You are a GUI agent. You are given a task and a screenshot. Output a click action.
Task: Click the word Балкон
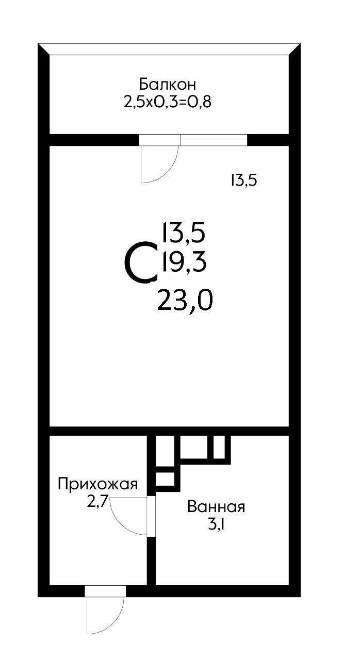pyautogui.click(x=168, y=84)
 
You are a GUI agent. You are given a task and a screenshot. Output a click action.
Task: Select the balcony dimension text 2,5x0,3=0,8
pyautogui.click(x=168, y=102)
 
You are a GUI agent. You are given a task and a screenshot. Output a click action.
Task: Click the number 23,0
pyautogui.click(x=185, y=300)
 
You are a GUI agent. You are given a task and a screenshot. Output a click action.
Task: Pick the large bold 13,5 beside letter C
pyautogui.click(x=184, y=233)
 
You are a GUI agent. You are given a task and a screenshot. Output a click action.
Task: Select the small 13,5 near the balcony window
pyautogui.click(x=243, y=180)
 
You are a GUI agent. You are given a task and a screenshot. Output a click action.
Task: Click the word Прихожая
pyautogui.click(x=97, y=484)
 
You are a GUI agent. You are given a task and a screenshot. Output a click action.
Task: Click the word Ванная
pyautogui.click(x=216, y=507)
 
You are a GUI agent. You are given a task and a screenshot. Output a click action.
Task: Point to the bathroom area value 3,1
pyautogui.click(x=216, y=525)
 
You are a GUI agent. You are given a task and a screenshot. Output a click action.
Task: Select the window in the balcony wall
pyautogui.click(x=214, y=140)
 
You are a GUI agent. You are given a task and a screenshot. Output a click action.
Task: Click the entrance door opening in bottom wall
pyautogui.click(x=105, y=591)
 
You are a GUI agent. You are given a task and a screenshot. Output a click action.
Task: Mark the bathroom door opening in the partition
pyautogui.click(x=151, y=516)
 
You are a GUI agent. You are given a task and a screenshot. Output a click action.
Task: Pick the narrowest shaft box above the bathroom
pyautogui.click(x=219, y=447)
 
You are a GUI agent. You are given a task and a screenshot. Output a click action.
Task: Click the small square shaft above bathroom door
pyautogui.click(x=165, y=478)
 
